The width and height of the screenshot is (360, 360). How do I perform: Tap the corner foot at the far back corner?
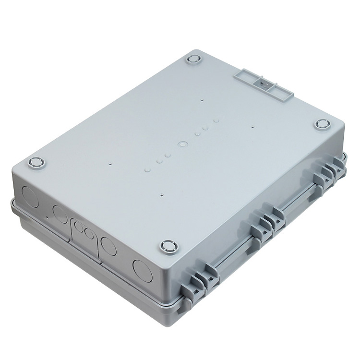click(x=193, y=60)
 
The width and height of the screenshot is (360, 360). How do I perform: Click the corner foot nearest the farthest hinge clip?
click(x=323, y=124)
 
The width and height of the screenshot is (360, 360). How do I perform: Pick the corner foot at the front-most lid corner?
click(x=168, y=247)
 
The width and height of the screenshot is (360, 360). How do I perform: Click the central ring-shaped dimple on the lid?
click(x=182, y=144)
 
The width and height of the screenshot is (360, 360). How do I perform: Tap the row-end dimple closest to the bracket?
click(x=216, y=120)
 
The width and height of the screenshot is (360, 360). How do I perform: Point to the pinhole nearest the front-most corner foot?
click(x=162, y=195)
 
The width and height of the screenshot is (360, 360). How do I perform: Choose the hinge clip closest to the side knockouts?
click(x=202, y=281)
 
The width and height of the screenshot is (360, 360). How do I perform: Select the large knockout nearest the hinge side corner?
click(x=143, y=270)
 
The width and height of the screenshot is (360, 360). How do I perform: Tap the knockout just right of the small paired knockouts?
click(x=108, y=247)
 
